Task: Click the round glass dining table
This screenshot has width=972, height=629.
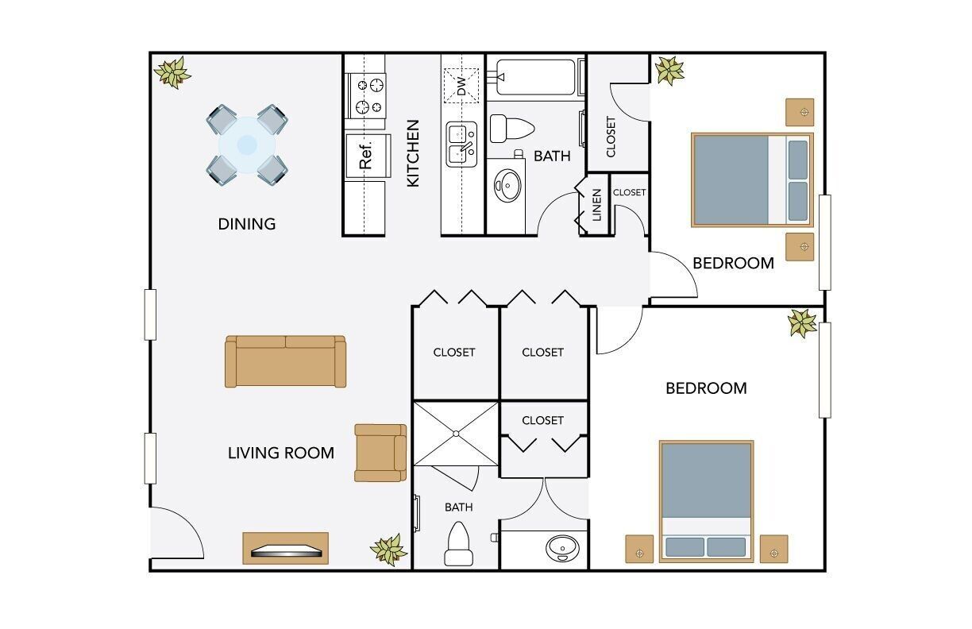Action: pyautogui.click(x=247, y=145)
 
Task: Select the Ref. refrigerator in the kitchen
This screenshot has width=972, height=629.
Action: pyautogui.click(x=367, y=155)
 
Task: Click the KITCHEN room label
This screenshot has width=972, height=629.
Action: pyautogui.click(x=413, y=153)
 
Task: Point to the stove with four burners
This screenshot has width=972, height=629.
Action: pyautogui.click(x=367, y=95)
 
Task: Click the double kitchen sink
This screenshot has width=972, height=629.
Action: pyautogui.click(x=461, y=143)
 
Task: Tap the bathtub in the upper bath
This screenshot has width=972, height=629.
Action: pyautogui.click(x=534, y=77)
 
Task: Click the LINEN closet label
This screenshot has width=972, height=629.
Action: pyautogui.click(x=596, y=205)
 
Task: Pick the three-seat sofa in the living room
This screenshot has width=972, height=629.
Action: pyautogui.click(x=286, y=361)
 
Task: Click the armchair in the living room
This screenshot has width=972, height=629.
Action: pyautogui.click(x=380, y=453)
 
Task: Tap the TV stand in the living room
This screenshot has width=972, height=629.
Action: pyautogui.click(x=285, y=549)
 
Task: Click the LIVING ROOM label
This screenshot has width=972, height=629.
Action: pyautogui.click(x=280, y=453)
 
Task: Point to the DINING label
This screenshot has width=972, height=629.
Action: pyautogui.click(x=247, y=224)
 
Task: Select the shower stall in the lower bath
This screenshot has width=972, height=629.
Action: pyautogui.click(x=456, y=434)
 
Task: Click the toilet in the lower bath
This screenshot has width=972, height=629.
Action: pyautogui.click(x=458, y=544)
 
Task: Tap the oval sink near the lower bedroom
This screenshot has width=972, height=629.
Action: pyautogui.click(x=562, y=548)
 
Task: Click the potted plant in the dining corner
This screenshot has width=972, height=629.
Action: pyautogui.click(x=172, y=72)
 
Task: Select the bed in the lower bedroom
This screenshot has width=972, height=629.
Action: pyautogui.click(x=706, y=500)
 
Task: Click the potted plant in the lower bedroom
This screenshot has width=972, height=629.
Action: pyautogui.click(x=802, y=322)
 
